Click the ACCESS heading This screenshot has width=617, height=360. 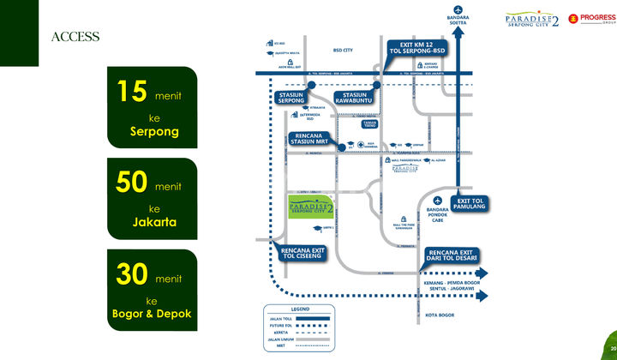click(75, 37)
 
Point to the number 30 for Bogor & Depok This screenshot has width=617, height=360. click(133, 277)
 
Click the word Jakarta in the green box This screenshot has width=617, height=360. click(154, 222)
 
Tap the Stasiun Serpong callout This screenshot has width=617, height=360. click(294, 99)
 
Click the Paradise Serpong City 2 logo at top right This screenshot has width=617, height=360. click(532, 19)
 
